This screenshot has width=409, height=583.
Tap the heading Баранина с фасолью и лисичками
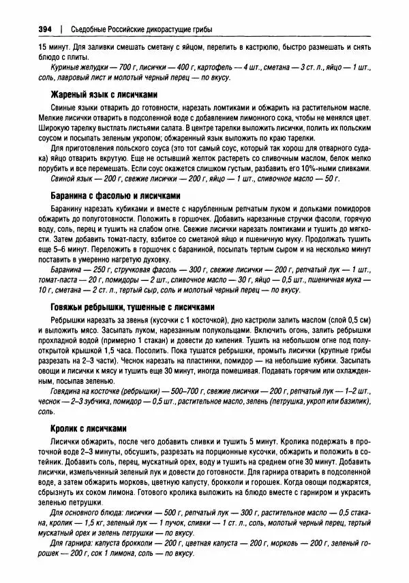tap(115, 195)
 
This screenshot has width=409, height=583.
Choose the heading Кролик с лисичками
tap(89, 428)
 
